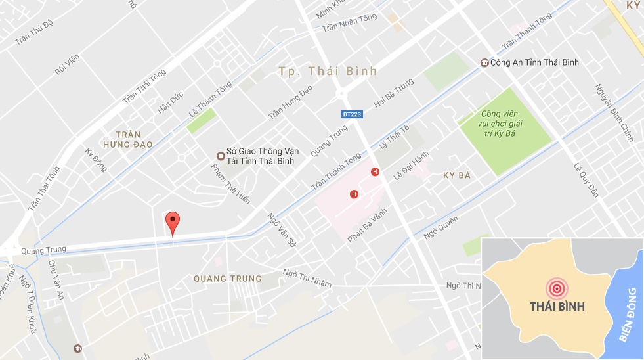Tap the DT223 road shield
point(352,114)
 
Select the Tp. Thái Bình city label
point(328,71)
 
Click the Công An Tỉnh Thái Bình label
point(533,63)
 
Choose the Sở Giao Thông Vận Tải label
point(259,156)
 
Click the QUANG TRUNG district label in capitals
point(228,279)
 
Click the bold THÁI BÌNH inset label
point(557,307)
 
